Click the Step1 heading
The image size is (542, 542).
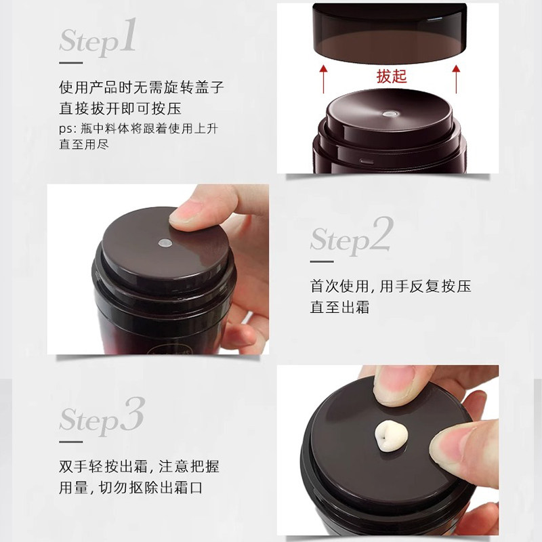(97, 37)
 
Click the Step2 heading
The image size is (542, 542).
(352, 236)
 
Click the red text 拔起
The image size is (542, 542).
(392, 77)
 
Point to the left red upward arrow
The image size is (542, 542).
(323, 79)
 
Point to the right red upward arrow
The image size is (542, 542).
(456, 79)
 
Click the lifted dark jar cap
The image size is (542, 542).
(390, 33)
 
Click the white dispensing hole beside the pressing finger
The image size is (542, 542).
(165, 243)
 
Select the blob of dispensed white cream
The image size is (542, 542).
(391, 436)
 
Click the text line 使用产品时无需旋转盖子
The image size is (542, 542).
(142, 87)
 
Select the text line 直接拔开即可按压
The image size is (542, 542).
(121, 108)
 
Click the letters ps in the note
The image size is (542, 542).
(66, 129)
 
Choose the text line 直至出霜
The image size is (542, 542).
(339, 307)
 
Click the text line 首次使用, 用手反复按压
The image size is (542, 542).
(391, 286)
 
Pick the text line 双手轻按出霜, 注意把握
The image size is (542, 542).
(139, 466)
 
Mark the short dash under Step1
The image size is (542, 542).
(71, 63)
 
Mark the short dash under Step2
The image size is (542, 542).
(322, 262)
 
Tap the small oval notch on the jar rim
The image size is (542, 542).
(367, 161)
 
